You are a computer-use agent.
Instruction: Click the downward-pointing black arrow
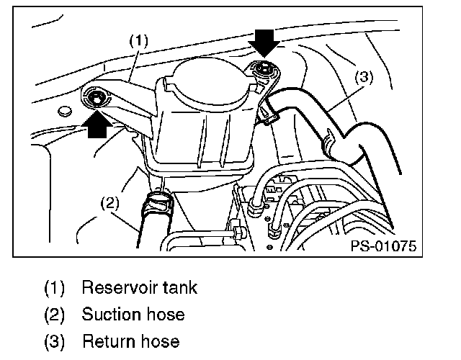click(264, 45)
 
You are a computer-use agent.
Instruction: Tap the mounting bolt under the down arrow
click(264, 70)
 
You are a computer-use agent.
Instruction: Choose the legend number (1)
click(55, 289)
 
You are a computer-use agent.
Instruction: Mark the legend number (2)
click(55, 315)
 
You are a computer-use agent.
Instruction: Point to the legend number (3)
click(55, 341)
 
